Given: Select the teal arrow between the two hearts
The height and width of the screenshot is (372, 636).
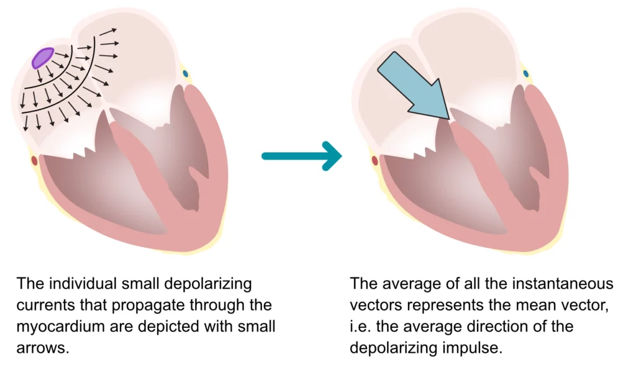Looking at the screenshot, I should pos(301,155).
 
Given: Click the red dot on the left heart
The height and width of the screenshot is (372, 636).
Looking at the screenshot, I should pos(34,161).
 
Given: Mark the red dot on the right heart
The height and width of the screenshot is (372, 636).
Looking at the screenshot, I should pos(375,161).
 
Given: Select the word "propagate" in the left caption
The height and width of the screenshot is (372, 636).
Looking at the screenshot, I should pos(127,306).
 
